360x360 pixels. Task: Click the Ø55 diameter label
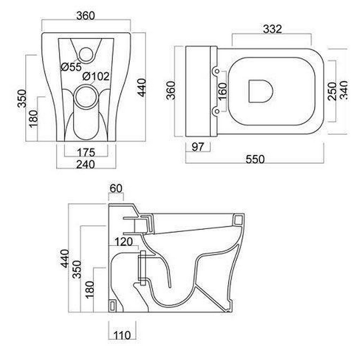[71, 67]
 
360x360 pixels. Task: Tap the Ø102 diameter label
[96, 76]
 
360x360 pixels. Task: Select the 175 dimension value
[86, 153]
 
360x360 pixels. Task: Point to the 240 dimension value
[85, 164]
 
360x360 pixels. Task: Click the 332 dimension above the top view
[272, 29]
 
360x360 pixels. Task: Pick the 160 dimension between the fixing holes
[222, 91]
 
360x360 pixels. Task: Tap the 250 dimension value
[333, 91]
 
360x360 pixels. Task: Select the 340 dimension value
[344, 90]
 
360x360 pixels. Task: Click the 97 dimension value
[198, 147]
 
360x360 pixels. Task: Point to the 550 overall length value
[255, 159]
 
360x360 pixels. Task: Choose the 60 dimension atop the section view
[116, 189]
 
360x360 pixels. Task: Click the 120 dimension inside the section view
[123, 242]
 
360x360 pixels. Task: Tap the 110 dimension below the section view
[122, 335]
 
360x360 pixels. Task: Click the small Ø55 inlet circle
[86, 54]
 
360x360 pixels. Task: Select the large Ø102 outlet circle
[86, 97]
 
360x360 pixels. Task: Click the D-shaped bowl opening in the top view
[261, 91]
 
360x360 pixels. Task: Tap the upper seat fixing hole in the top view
[216, 72]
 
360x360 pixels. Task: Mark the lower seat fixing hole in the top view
[216, 111]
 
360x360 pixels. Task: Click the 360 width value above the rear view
[85, 16]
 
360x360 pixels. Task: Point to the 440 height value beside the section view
[65, 258]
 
